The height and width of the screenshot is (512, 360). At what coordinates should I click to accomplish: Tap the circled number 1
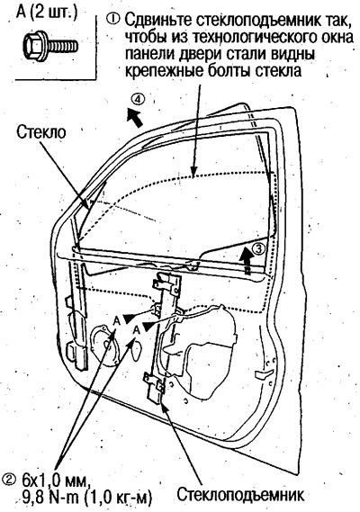click(113, 19)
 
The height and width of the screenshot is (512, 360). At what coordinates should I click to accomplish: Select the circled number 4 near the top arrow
click(138, 99)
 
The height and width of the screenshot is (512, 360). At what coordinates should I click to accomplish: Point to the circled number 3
click(258, 249)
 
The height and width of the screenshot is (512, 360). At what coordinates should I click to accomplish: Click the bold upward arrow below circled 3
click(247, 260)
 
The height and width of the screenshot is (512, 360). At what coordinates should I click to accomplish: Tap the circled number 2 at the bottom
click(9, 480)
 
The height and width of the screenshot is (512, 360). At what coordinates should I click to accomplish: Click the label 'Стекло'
click(40, 133)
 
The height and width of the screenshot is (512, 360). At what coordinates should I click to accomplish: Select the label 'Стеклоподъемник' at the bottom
click(239, 495)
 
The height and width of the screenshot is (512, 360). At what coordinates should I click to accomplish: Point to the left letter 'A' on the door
click(116, 321)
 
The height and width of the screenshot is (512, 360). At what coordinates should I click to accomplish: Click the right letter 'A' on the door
click(137, 330)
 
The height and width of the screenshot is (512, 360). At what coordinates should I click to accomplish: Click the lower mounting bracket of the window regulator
click(155, 386)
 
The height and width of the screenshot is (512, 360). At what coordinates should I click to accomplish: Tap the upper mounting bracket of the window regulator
click(168, 285)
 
